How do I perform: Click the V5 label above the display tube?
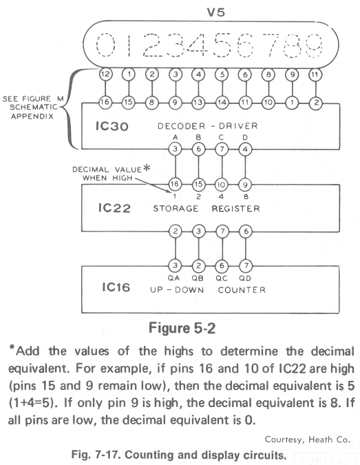(x=215, y=12)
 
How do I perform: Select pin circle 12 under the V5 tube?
(x=105, y=74)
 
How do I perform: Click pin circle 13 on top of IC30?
(x=198, y=103)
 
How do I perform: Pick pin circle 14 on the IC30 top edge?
(x=222, y=103)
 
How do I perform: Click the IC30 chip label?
(x=112, y=126)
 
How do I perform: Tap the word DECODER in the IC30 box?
(x=181, y=126)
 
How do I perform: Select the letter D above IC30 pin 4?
(x=245, y=138)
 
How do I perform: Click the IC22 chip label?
(x=114, y=208)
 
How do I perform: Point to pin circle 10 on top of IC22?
(x=222, y=185)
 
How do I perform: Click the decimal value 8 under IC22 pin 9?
(x=246, y=196)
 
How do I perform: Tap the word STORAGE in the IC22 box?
(x=176, y=209)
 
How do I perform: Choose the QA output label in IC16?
(x=173, y=278)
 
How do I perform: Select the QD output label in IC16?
(x=245, y=278)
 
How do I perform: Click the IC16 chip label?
(x=116, y=287)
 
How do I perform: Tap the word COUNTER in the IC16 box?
(x=242, y=290)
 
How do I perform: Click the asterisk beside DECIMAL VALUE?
(x=147, y=168)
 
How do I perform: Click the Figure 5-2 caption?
(x=182, y=329)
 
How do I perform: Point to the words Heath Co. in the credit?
(x=329, y=440)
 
